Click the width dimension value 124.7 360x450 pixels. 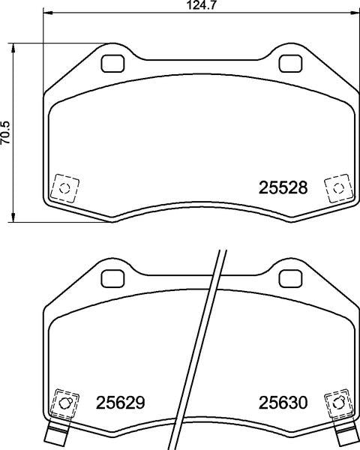tap(201, 5)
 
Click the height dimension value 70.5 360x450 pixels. tap(5, 133)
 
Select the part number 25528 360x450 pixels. tap(283, 188)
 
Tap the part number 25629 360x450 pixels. tap(120, 403)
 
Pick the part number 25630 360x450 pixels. tap(283, 403)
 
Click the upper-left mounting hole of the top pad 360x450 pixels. tap(112, 64)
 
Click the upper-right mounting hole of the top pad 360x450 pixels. tap(290, 64)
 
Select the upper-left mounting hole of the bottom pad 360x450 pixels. tap(112, 278)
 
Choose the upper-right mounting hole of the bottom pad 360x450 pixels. tap(290, 278)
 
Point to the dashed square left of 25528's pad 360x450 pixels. tap(64, 188)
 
